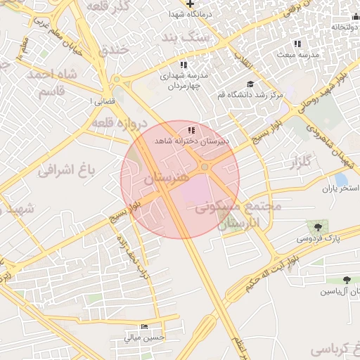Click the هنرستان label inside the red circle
point(166,179)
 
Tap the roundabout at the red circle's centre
point(205,167)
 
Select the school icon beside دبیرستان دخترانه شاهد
point(191,131)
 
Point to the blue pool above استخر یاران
point(341,179)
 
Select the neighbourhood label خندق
point(113,49)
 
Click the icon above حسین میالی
point(145,327)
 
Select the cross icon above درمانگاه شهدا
point(190,4)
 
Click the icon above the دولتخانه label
point(354,16)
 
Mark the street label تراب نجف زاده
point(134,256)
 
